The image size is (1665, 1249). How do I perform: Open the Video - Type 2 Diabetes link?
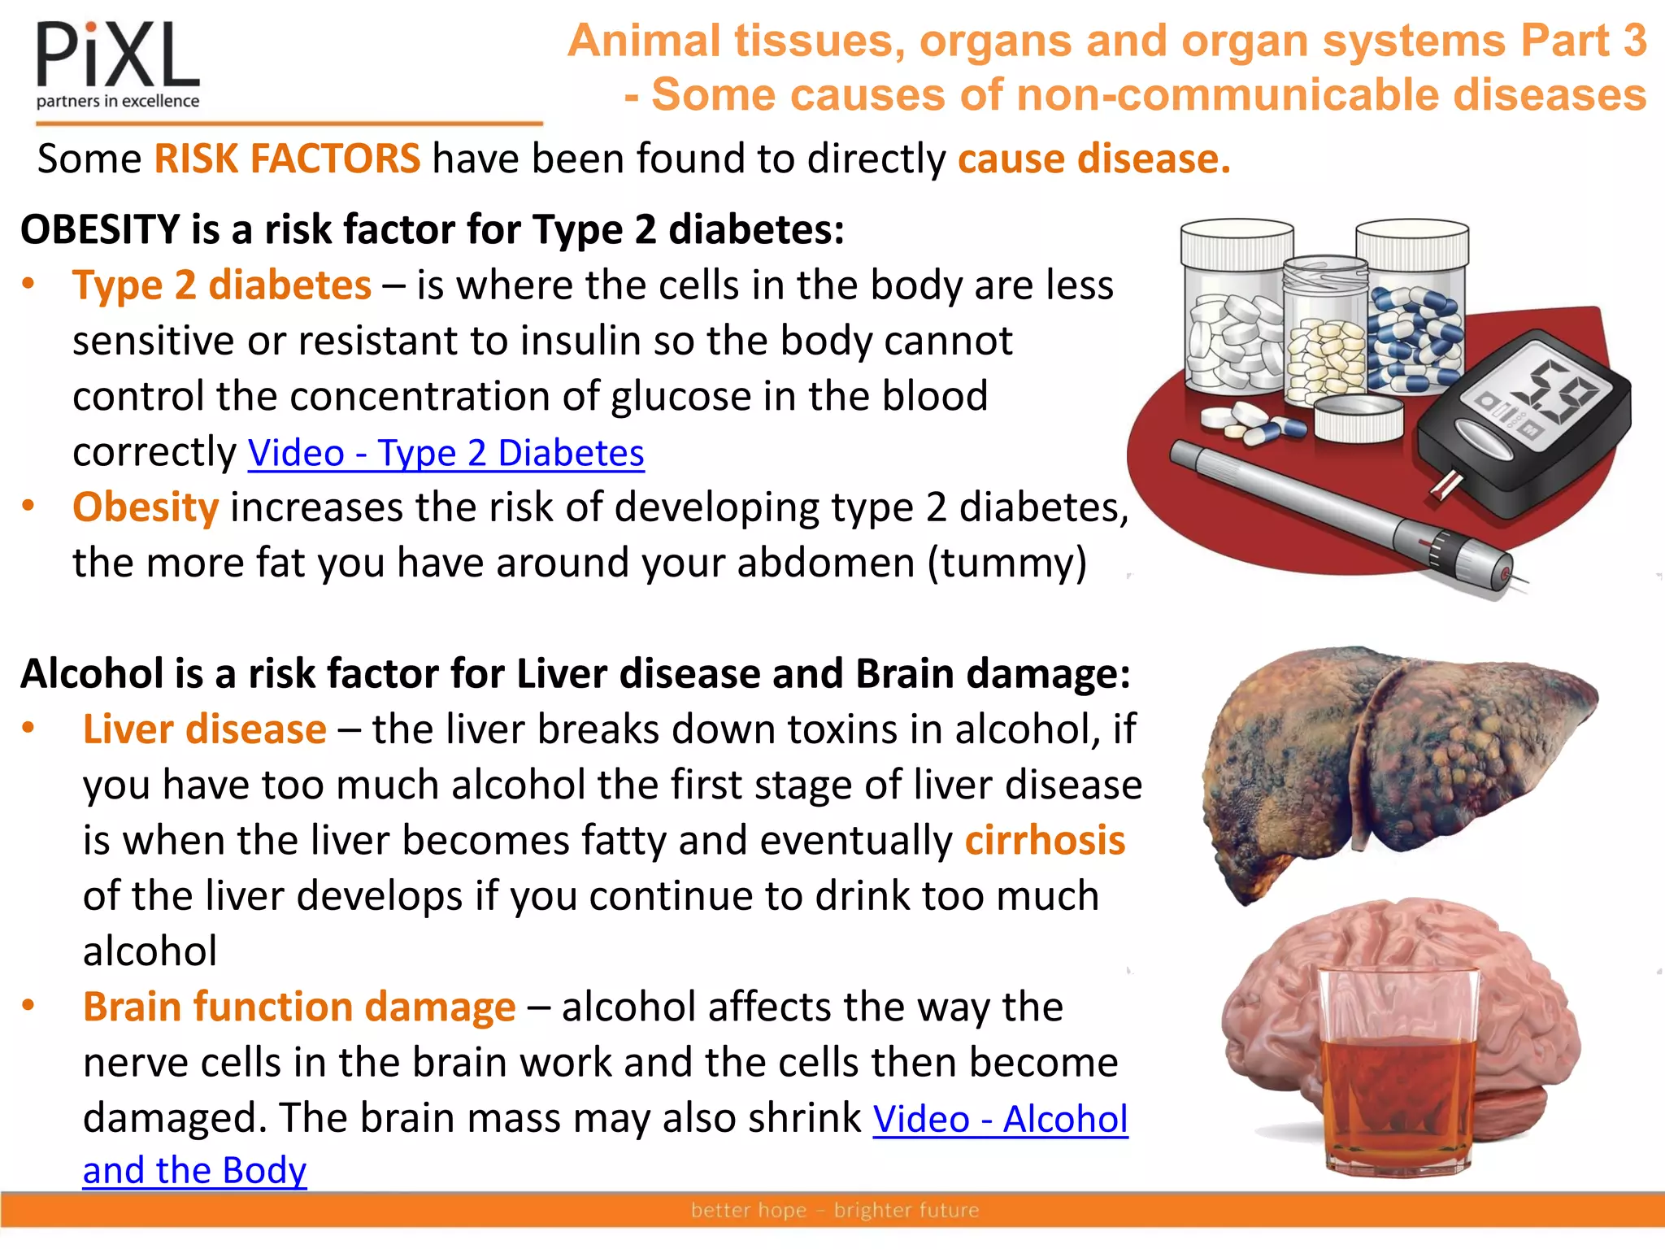tap(446, 453)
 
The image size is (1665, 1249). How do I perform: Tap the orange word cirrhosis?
tap(1045, 840)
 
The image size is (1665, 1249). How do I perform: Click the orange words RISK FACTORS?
tap(287, 159)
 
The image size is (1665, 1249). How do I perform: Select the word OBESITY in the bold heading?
tap(100, 229)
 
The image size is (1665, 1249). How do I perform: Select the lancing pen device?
tap(1341, 512)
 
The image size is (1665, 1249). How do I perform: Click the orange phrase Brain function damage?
tap(299, 1007)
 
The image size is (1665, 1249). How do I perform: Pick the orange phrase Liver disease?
tap(205, 729)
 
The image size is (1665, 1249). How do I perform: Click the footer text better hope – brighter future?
tap(835, 1210)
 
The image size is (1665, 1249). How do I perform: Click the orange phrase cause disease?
tap(1094, 159)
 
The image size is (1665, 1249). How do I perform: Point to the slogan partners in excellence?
tap(118, 101)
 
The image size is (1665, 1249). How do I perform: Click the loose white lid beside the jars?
tap(1358, 418)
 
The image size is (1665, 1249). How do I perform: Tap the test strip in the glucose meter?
tap(1447, 484)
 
